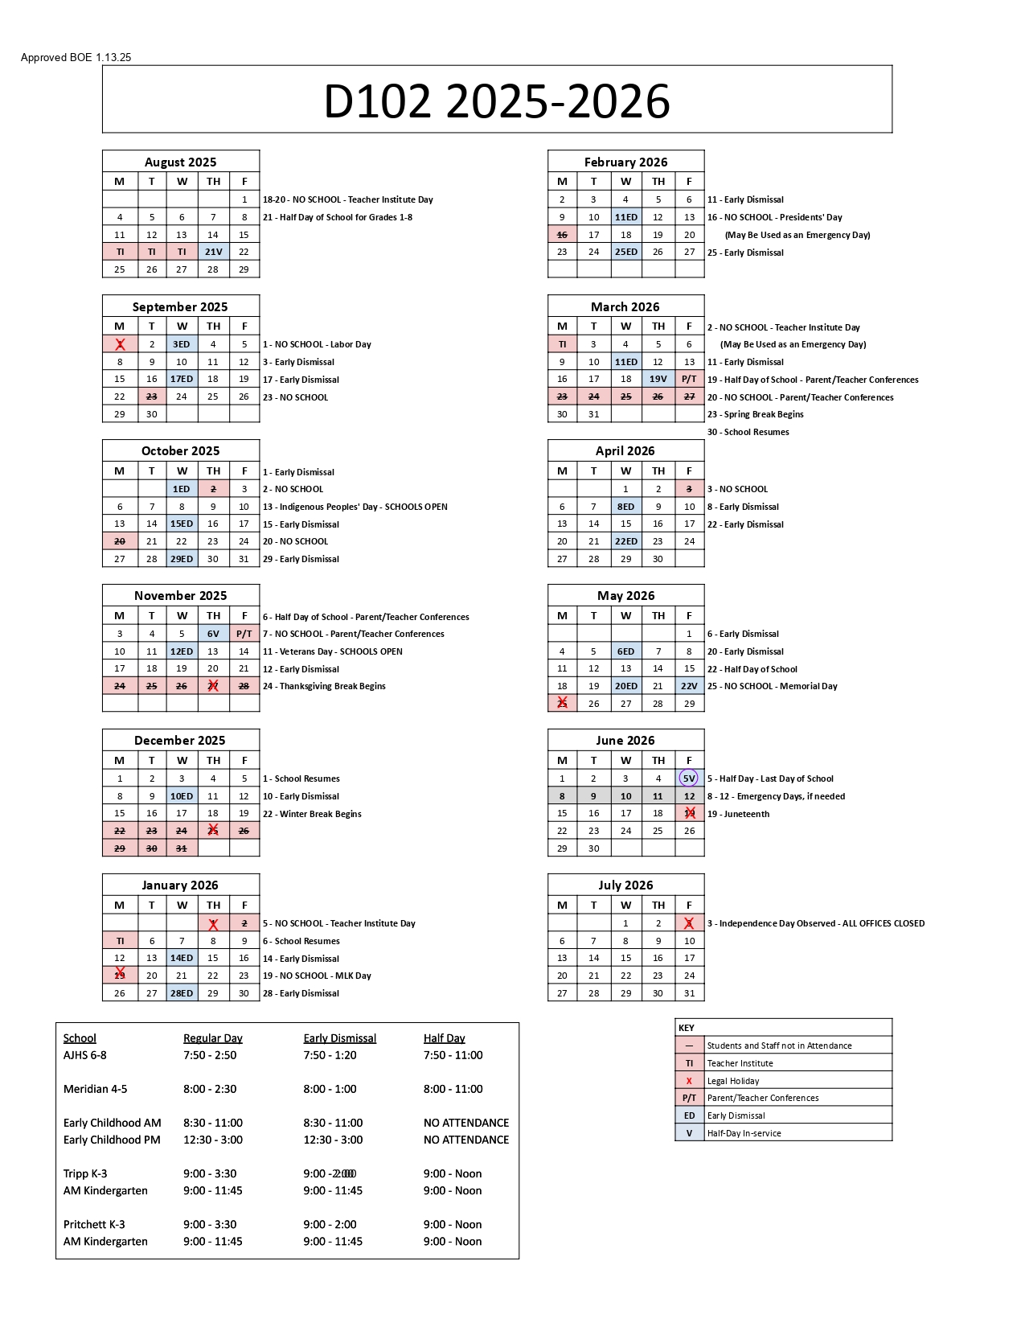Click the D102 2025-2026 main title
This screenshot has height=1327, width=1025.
497,101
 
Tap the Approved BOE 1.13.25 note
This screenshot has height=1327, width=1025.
76,57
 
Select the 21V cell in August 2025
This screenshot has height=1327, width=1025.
213,252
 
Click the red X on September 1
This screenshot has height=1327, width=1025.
120,344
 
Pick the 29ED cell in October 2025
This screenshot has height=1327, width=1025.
182,559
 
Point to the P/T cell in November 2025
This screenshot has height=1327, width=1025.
244,634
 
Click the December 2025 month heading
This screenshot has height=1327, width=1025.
180,740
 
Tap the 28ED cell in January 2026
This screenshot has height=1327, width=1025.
182,993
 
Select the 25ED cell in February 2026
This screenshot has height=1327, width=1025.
625,252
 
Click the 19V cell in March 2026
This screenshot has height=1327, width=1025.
658,379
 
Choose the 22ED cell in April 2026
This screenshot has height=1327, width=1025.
625,541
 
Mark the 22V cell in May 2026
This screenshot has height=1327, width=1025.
689,686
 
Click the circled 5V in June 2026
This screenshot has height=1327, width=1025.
689,779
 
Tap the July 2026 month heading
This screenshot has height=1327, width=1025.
625,885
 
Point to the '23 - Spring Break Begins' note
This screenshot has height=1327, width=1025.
755,414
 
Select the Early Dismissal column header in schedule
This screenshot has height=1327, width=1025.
339,1038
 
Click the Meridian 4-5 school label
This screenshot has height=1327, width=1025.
95,1089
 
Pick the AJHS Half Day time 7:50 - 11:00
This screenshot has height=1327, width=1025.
453,1055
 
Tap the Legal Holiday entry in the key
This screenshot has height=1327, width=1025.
733,1081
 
